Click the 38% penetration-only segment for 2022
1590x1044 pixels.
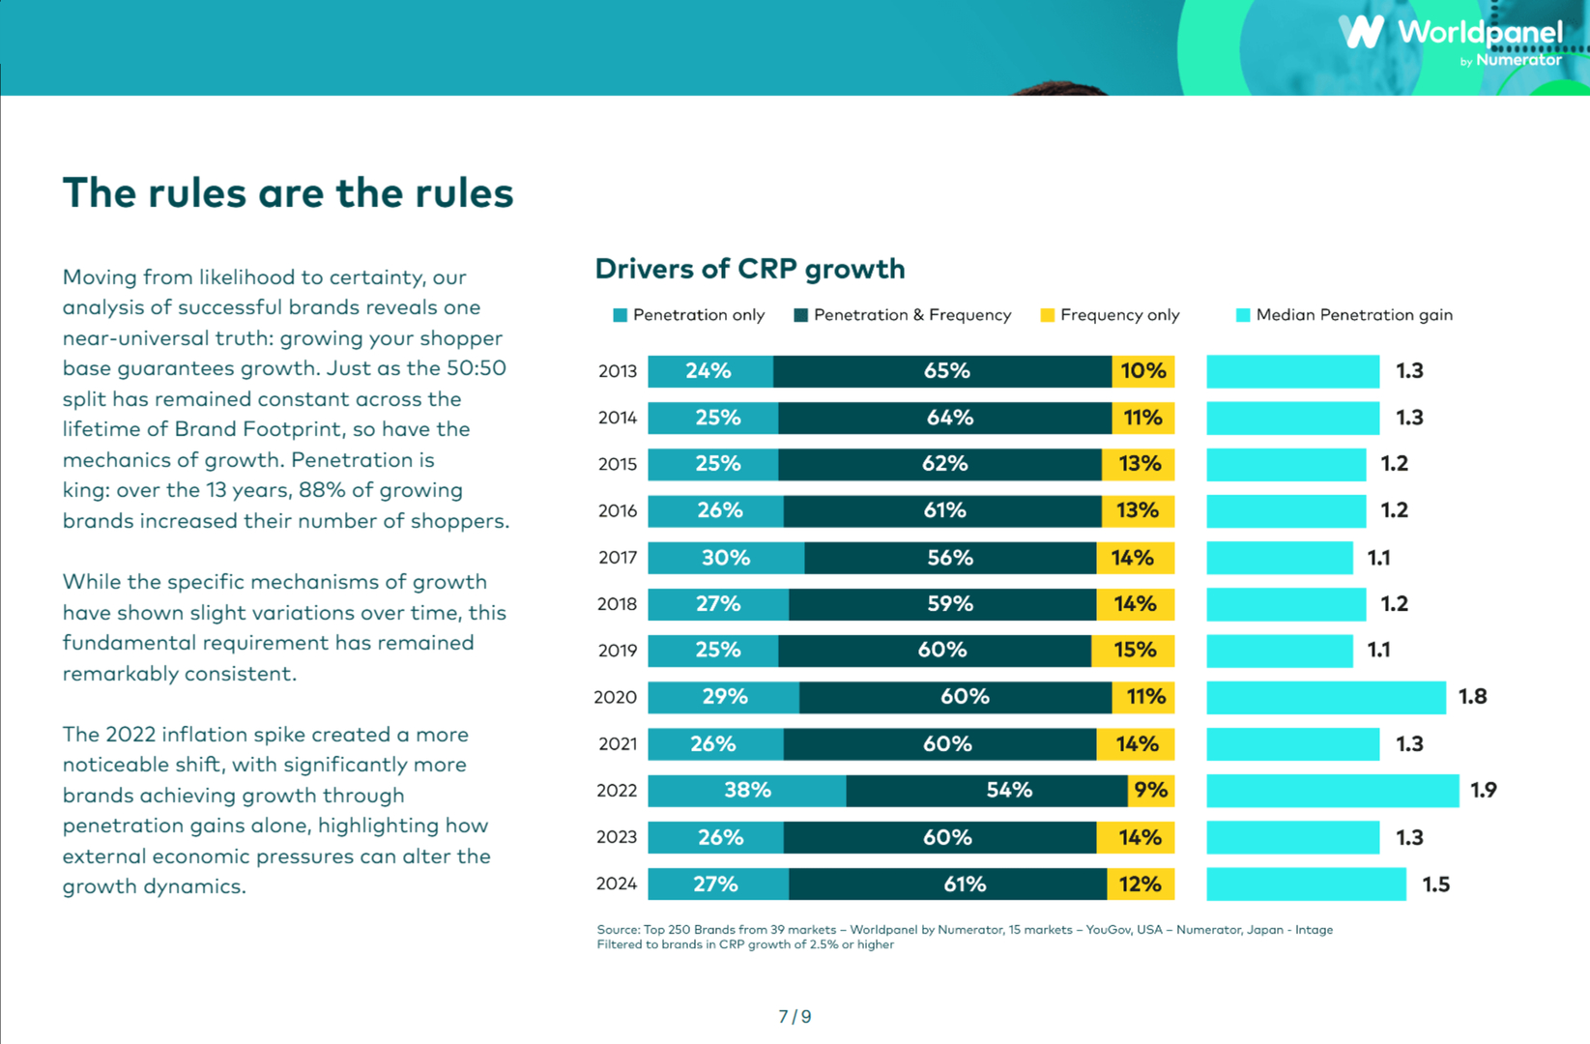click(746, 791)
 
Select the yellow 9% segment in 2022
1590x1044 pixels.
click(1151, 791)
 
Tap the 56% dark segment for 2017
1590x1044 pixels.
click(949, 558)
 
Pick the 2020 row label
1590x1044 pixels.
click(616, 697)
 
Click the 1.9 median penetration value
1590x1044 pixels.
click(1484, 791)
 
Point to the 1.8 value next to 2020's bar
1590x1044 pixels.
click(1472, 697)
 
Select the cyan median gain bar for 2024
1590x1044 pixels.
click(1306, 884)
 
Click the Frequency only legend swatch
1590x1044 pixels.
click(1047, 315)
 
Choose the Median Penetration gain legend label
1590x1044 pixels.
click(1353, 315)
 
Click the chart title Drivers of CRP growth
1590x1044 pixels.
click(750, 269)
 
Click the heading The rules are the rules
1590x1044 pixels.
click(288, 193)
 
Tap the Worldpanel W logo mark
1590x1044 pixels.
click(1362, 32)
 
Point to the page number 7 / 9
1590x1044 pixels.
click(795, 1016)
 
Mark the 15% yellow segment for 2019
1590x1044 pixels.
click(1134, 651)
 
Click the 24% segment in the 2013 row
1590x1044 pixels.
click(708, 371)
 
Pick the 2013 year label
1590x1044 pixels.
click(617, 371)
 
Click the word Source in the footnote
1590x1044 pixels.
click(618, 930)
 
